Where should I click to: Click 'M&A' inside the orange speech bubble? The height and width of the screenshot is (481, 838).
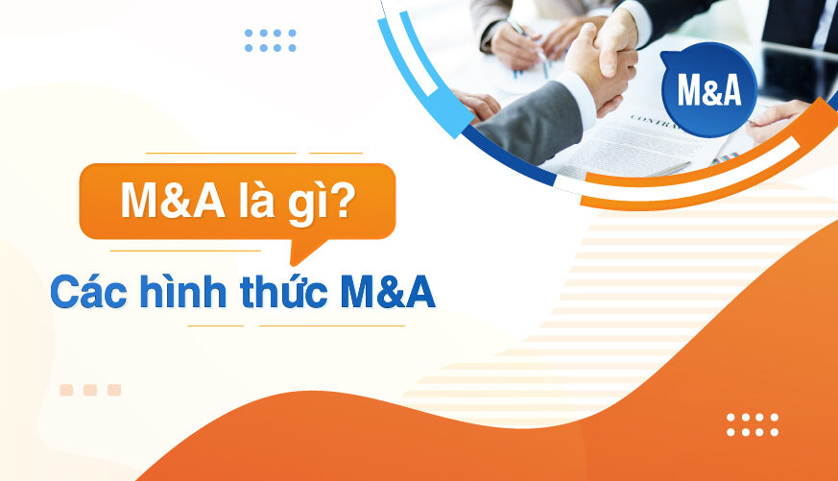[x=173, y=201]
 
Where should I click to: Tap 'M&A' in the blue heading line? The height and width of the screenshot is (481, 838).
[x=388, y=292]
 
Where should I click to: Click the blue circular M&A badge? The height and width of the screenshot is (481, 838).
[x=708, y=89]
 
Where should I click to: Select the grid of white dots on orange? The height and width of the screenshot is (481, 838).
[x=752, y=424]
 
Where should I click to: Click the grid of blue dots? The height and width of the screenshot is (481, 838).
[x=271, y=40]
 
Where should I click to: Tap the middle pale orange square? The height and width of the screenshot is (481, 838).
[x=90, y=390]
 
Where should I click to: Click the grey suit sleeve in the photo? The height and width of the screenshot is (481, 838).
[x=532, y=120]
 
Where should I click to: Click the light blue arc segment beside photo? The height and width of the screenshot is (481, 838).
[x=417, y=75]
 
